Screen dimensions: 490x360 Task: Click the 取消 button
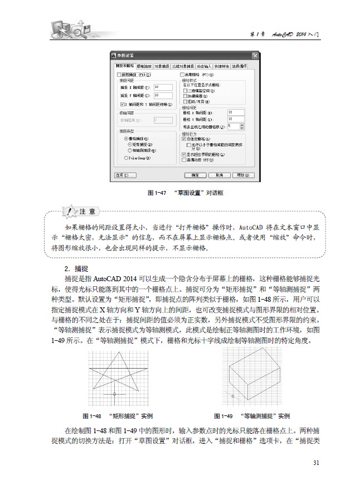219,175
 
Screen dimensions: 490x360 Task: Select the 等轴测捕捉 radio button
130,150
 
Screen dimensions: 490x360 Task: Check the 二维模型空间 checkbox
186,90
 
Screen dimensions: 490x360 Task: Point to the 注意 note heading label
89,212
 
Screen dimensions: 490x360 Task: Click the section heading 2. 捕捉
77,267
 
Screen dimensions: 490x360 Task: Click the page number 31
316,463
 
